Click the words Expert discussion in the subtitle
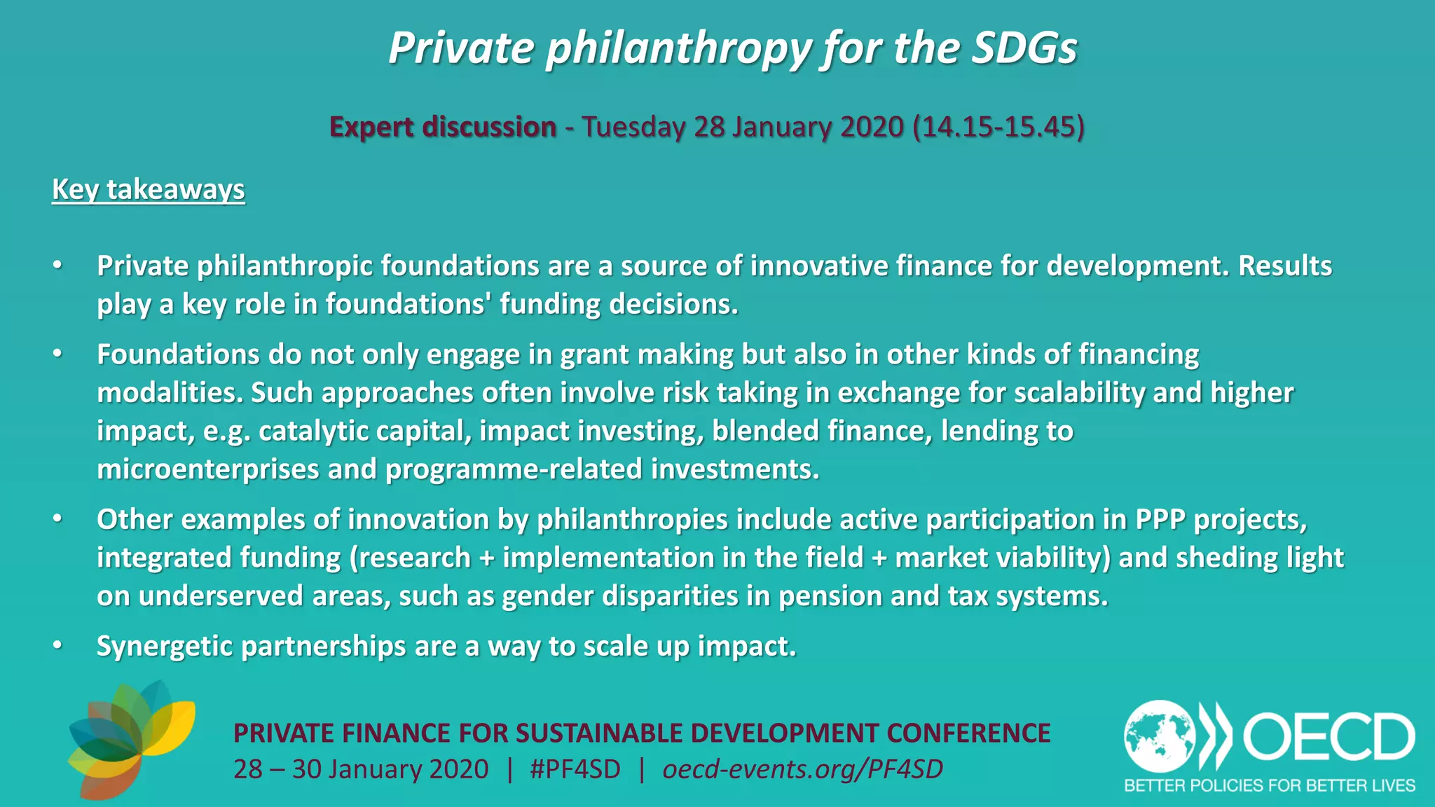(443, 127)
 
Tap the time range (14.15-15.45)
(998, 127)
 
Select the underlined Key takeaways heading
(149, 190)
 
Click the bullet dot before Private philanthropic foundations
(57, 265)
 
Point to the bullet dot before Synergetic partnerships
(57, 645)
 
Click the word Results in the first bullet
(1285, 265)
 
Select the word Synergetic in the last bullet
(165, 646)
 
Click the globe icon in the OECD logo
(1160, 736)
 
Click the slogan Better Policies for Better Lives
(1269, 785)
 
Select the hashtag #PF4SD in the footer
(575, 769)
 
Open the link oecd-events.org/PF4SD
(802, 769)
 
